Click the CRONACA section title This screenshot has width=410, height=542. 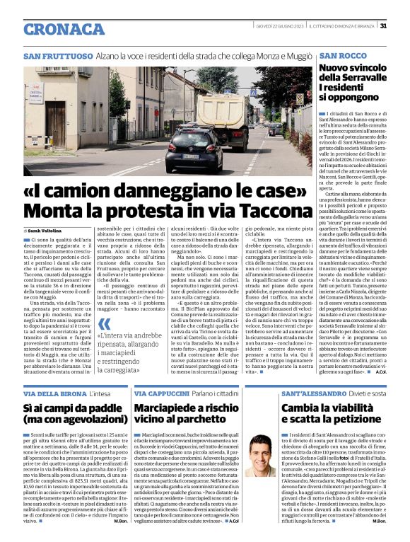[64, 29]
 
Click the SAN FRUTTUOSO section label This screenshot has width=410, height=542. [58, 55]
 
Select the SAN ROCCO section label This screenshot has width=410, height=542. [342, 55]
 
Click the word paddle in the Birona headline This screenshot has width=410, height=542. [100, 409]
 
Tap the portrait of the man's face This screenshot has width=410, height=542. [263, 455]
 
